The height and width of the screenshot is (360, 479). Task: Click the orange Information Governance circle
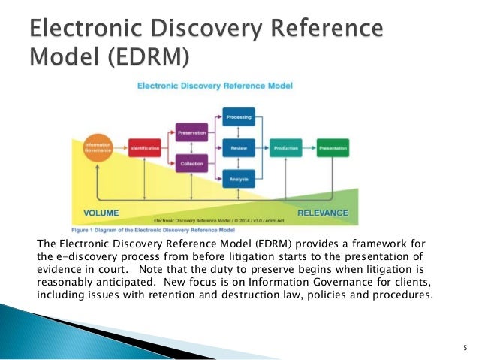[98, 148]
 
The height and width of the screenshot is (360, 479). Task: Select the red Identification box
[143, 149]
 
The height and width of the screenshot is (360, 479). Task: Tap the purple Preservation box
[191, 133]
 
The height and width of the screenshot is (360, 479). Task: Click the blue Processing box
[239, 117]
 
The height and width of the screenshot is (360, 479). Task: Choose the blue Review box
[239, 149]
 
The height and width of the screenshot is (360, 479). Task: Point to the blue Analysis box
[239, 179]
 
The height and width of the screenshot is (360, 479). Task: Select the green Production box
[286, 149]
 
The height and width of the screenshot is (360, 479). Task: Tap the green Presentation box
[333, 149]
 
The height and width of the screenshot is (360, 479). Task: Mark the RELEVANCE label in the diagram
[322, 213]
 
